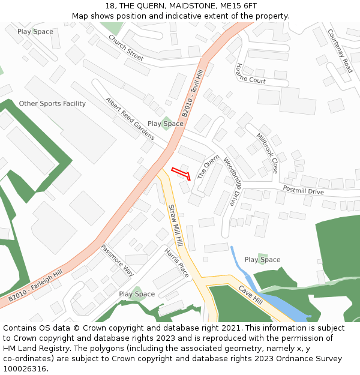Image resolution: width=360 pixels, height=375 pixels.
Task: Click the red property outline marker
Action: coord(181,173)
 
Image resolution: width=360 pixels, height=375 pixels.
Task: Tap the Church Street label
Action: coord(126,47)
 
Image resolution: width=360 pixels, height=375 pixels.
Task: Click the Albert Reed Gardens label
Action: coord(130,118)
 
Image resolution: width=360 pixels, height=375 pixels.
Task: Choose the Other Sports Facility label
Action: coord(52,104)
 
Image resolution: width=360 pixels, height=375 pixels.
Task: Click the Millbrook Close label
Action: coord(267,153)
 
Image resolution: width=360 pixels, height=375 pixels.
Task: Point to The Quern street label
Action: coord(208,167)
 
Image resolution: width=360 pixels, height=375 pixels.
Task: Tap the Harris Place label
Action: coord(176,263)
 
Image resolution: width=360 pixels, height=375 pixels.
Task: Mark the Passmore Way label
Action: coord(117,259)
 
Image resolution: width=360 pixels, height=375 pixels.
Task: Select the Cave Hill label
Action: coord(251,295)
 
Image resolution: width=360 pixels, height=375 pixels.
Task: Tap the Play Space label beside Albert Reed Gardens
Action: coord(166,124)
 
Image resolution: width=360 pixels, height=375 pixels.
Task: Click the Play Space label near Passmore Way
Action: coord(137,294)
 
